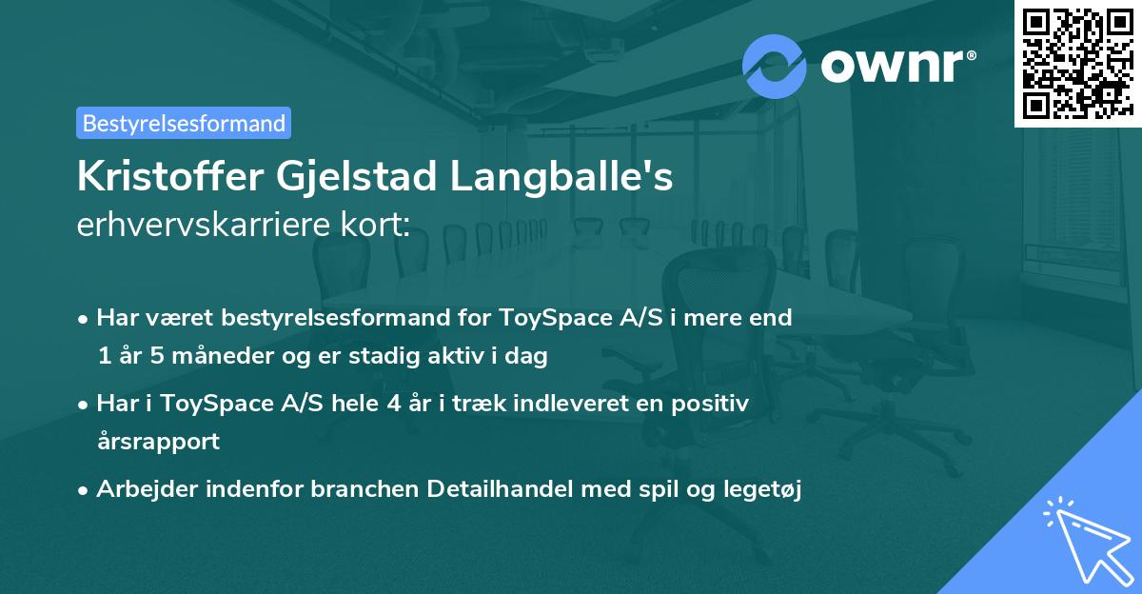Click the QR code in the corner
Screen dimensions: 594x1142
point(1077,64)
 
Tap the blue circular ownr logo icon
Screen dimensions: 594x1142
point(775,66)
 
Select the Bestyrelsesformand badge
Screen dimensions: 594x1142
point(184,123)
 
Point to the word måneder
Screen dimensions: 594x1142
point(216,356)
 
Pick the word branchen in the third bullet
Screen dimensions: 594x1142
point(364,489)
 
